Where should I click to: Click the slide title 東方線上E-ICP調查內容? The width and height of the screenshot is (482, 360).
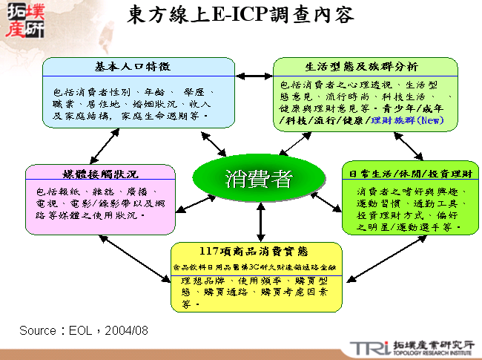tap(240, 15)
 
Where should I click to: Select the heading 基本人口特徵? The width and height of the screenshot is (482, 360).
tap(139, 66)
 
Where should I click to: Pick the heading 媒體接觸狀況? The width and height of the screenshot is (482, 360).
tap(101, 174)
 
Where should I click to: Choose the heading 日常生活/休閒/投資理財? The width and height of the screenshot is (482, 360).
tap(410, 174)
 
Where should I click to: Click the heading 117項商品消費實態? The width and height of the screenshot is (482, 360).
tap(258, 250)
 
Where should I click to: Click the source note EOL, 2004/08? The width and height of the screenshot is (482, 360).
tap(84, 329)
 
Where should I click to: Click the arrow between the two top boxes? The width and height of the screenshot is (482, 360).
tap(255, 76)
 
